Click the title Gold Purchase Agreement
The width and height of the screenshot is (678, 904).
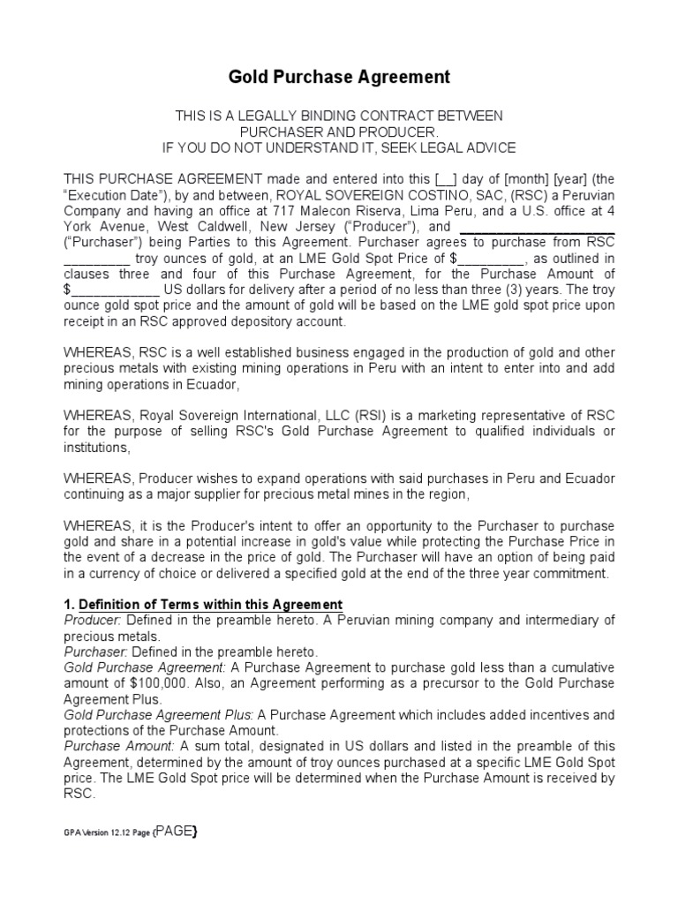pyautogui.click(x=339, y=78)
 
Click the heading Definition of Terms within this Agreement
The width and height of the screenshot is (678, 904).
pyautogui.click(x=211, y=605)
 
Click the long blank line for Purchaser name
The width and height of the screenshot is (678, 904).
pyautogui.click(x=538, y=228)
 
